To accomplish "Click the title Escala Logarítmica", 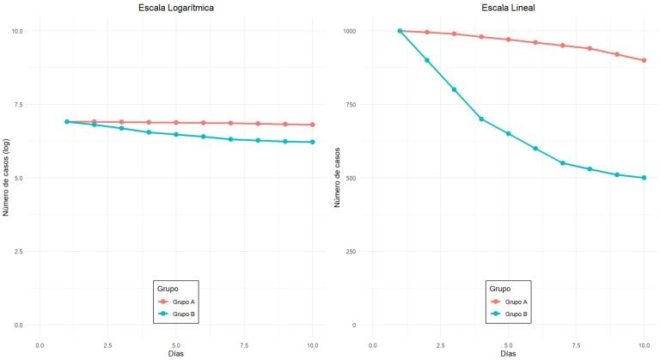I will [x=175, y=9].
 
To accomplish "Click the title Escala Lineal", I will [x=508, y=9].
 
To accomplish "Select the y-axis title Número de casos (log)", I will [x=7, y=178].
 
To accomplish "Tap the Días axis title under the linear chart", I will [x=508, y=353].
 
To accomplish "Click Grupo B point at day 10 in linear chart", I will [x=645, y=178].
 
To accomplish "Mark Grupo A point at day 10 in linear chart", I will [x=645, y=60].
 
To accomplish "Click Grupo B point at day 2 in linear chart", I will [x=427, y=60].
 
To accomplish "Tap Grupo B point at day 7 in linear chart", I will [x=563, y=163].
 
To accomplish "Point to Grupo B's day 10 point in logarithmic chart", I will [x=313, y=142].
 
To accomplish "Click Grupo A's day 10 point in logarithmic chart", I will [x=313, y=125].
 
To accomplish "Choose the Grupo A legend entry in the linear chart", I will [x=514, y=302].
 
